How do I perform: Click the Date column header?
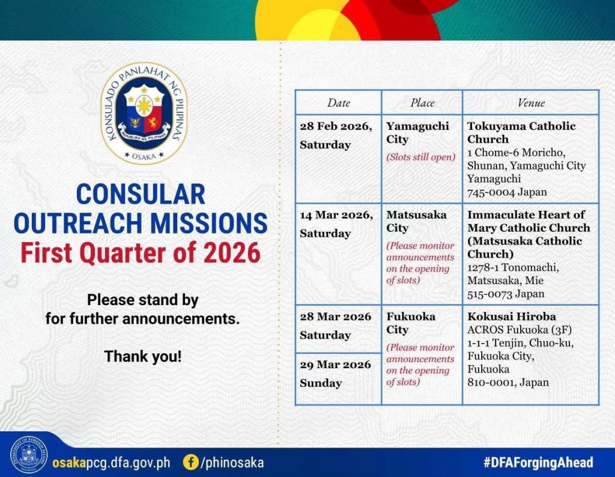point(339,103)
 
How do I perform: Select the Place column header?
point(422,103)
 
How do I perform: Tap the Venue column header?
point(531,103)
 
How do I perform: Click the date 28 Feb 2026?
point(336,126)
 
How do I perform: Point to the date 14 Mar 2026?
point(336,215)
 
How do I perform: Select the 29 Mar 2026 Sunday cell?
point(338,378)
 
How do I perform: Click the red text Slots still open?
point(421,157)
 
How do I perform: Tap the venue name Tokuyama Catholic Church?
point(521,133)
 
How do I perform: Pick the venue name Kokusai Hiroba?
point(512,317)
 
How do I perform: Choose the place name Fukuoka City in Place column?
point(411,323)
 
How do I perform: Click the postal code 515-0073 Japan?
point(506,294)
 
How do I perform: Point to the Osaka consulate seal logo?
point(144,114)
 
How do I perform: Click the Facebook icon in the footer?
point(190,462)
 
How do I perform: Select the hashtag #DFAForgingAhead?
point(538,463)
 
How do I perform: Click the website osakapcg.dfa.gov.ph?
point(111,463)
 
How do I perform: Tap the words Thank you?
point(143,357)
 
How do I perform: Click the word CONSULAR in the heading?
point(141,194)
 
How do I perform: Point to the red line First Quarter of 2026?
point(141,253)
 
